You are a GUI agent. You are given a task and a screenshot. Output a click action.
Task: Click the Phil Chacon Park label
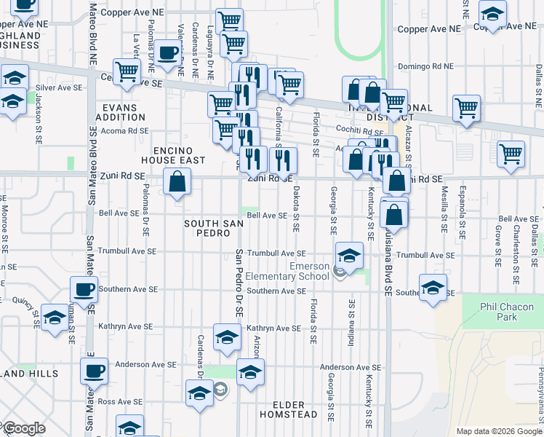pyautogui.click(x=508, y=312)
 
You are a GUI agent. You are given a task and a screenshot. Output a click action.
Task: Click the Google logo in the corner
pyautogui.click(x=23, y=428)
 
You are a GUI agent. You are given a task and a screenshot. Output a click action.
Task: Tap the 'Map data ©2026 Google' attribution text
pyautogui.click(x=498, y=431)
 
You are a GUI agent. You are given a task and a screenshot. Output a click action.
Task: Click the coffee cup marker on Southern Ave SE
pyautogui.click(x=84, y=290)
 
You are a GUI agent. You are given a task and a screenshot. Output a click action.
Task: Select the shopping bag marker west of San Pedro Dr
pyautogui.click(x=177, y=181)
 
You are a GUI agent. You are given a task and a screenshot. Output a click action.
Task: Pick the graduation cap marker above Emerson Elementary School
pyautogui.click(x=349, y=256)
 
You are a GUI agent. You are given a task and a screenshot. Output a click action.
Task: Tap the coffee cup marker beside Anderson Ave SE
pyautogui.click(x=94, y=371)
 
